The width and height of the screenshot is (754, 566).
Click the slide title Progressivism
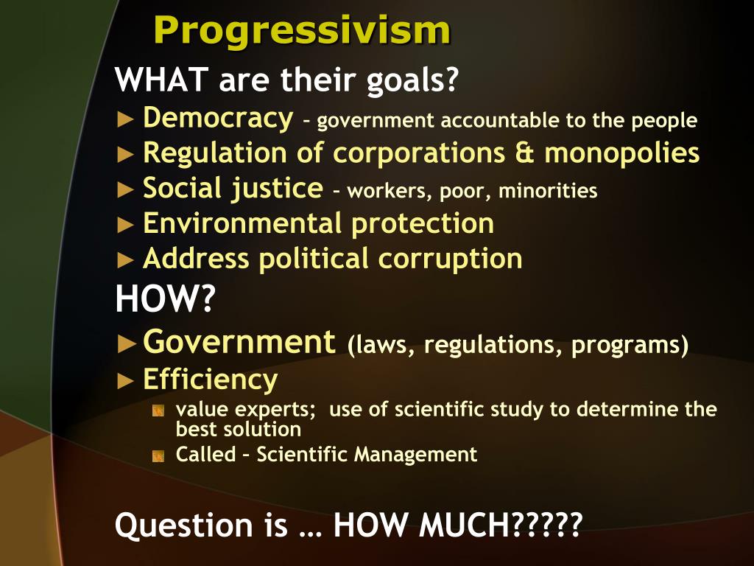pyautogui.click(x=302, y=31)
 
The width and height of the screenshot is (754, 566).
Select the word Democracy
pyautogui.click(x=218, y=118)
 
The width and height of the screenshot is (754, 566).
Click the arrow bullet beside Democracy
pyautogui.click(x=126, y=119)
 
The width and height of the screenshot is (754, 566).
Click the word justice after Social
pyautogui.click(x=278, y=189)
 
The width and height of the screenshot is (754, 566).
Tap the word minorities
pyautogui.click(x=548, y=192)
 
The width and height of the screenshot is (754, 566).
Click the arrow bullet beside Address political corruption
pyautogui.click(x=126, y=259)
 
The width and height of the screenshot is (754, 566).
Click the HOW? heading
pyautogui.click(x=163, y=300)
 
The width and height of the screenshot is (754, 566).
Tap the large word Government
pyautogui.click(x=239, y=342)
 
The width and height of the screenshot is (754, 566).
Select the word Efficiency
pyautogui.click(x=210, y=380)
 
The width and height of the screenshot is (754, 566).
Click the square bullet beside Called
pyautogui.click(x=158, y=456)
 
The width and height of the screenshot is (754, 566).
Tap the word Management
pyautogui.click(x=416, y=455)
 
